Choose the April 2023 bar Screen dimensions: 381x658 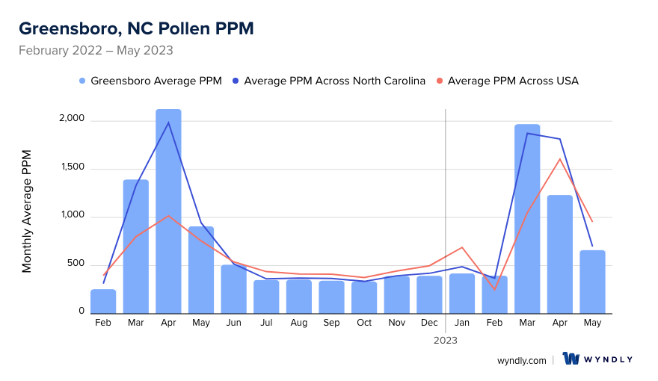pyautogui.click(x=560, y=254)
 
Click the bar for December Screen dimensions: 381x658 pyautogui.click(x=429, y=294)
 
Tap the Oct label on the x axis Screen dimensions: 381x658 pyautogui.click(x=364, y=323)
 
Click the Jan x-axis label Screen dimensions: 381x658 pyautogui.click(x=462, y=323)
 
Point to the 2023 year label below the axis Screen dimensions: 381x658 pyautogui.click(x=446, y=340)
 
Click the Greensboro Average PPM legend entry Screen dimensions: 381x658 pyautogui.click(x=150, y=81)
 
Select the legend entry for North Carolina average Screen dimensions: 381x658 pyautogui.click(x=329, y=81)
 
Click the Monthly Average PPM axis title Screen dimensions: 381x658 pyautogui.click(x=27, y=211)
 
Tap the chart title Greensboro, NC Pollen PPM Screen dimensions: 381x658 pyautogui.click(x=136, y=28)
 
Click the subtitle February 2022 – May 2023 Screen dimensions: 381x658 pyautogui.click(x=96, y=51)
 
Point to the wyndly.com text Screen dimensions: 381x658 pyautogui.click(x=521, y=360)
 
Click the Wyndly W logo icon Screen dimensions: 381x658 pyautogui.click(x=571, y=359)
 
